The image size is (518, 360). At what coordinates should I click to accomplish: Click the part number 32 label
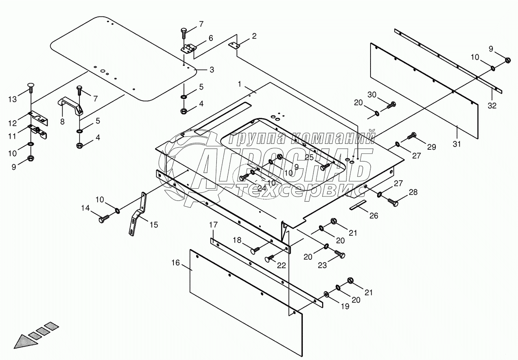click(492, 105)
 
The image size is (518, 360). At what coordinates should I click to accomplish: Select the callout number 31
click(457, 144)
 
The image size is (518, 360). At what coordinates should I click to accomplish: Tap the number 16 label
click(176, 263)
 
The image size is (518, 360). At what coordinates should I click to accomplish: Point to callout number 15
click(154, 224)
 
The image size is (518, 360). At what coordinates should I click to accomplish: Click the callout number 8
click(62, 121)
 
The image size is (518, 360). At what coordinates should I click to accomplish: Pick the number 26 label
click(374, 216)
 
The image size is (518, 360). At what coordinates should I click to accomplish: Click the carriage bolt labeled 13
click(31, 87)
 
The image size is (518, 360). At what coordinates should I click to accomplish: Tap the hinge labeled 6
click(188, 49)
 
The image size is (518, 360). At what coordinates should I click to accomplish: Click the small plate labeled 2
click(234, 45)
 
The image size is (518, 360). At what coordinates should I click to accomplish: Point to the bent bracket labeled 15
click(138, 214)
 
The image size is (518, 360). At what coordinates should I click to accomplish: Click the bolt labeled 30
click(391, 105)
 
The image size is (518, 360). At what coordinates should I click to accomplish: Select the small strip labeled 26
click(358, 205)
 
